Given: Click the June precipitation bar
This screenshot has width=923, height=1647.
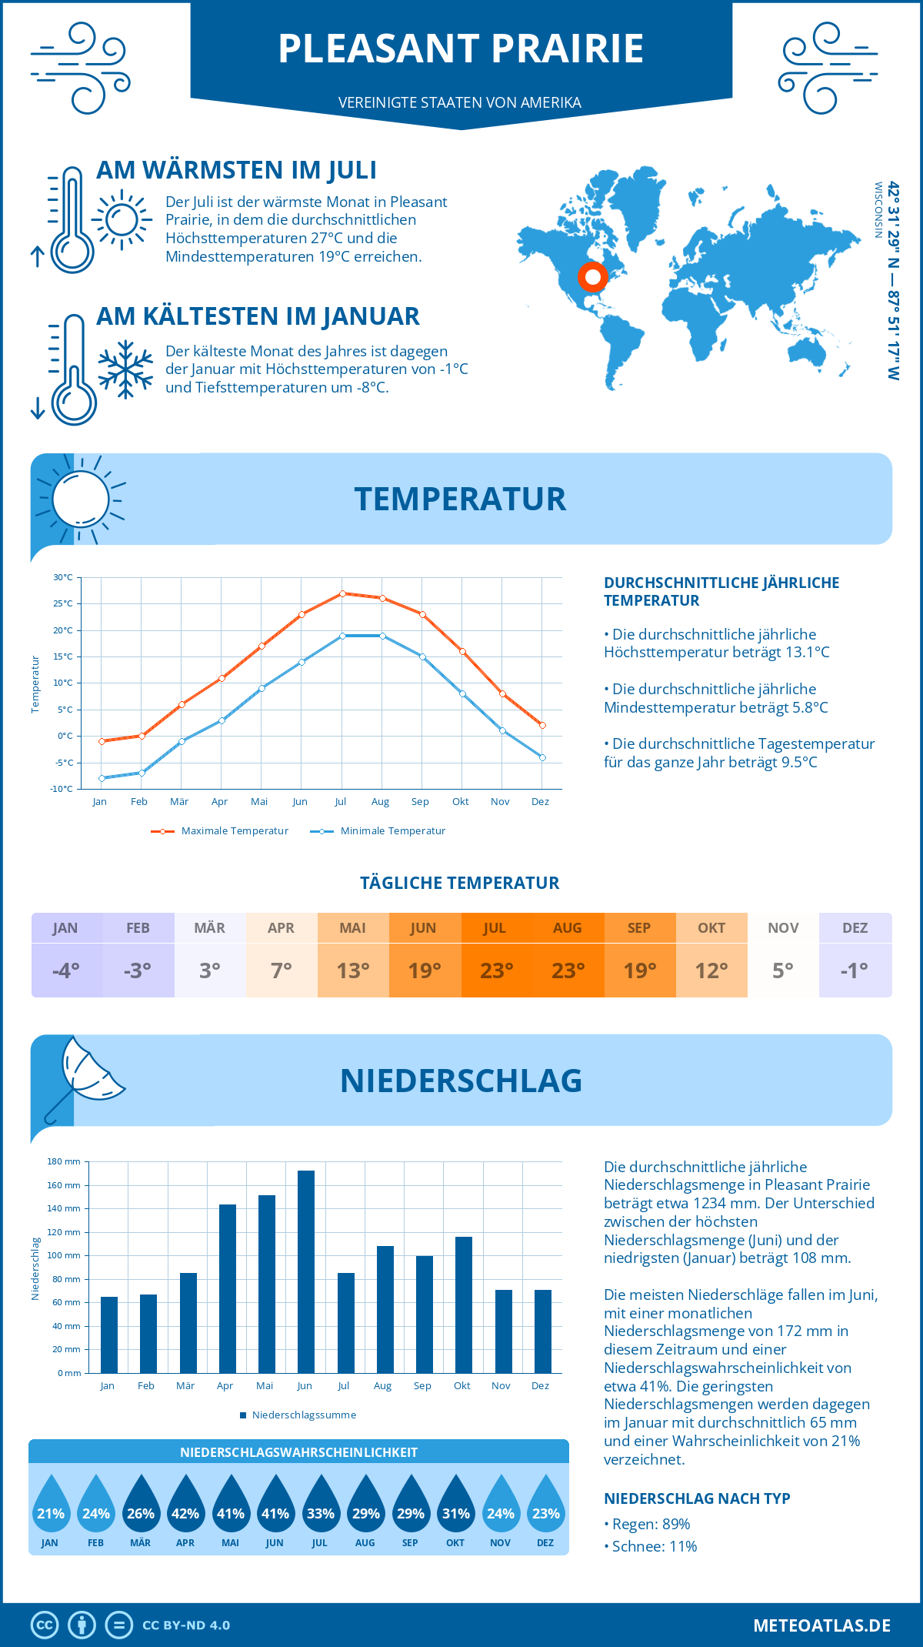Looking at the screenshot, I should (x=306, y=1271).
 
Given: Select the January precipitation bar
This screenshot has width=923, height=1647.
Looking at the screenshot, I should (x=109, y=1335).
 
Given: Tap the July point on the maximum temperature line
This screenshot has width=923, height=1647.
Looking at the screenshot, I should (x=342, y=593).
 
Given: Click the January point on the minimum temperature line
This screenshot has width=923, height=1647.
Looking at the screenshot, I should (x=102, y=778).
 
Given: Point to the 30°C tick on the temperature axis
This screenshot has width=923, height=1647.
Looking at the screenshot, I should (x=63, y=577).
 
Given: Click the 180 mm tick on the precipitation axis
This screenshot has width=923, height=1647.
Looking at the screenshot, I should (x=65, y=1161).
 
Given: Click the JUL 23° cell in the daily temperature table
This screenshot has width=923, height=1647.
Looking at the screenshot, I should (x=496, y=955).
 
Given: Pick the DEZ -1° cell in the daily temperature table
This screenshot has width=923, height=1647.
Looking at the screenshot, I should (x=855, y=955).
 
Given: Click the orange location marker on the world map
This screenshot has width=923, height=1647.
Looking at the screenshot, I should (x=592, y=276).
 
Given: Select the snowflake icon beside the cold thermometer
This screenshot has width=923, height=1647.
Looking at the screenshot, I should (x=125, y=369).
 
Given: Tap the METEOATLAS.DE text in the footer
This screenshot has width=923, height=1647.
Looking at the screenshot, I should (x=821, y=1625).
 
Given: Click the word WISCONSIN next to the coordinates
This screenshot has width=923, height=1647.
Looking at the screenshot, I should (x=878, y=210).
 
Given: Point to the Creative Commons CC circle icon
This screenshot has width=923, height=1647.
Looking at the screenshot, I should (x=45, y=1625).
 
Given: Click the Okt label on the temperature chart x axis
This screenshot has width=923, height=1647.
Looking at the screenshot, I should (x=460, y=802).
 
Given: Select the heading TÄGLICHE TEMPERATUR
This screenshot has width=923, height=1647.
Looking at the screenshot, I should (x=460, y=883).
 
